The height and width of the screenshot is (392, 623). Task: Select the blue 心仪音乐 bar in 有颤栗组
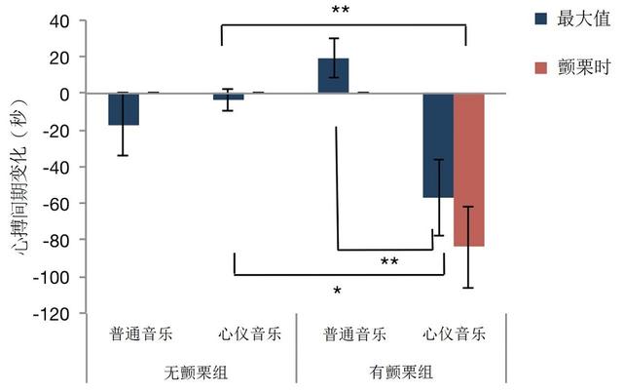coord(437,145)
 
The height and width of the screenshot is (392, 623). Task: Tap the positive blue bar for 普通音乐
coord(333,76)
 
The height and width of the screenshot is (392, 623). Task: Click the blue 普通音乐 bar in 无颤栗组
coord(123,109)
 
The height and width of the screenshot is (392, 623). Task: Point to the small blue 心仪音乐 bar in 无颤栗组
coord(228,97)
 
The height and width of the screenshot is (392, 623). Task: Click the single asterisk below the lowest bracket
coord(337,291)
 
